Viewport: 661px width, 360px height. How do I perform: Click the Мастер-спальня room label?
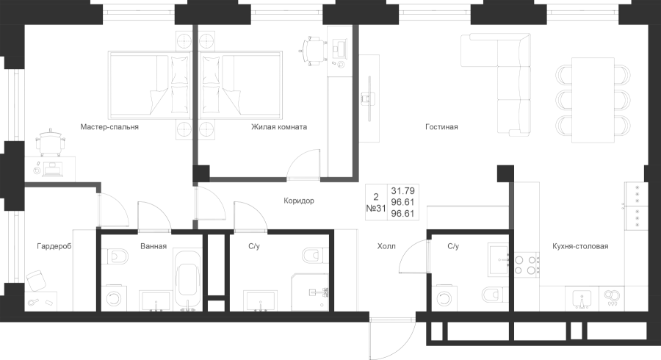click(x=109, y=126)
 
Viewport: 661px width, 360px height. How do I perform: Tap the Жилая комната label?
click(x=278, y=126)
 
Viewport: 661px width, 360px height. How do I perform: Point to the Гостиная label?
click(x=441, y=126)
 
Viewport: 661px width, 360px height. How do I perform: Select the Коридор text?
click(x=298, y=200)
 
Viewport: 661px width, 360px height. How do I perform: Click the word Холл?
click(x=386, y=246)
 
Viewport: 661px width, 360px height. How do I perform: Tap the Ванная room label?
click(x=153, y=246)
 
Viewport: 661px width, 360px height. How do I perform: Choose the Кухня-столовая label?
click(x=580, y=246)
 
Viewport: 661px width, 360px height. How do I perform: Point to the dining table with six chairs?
click(x=593, y=101)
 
